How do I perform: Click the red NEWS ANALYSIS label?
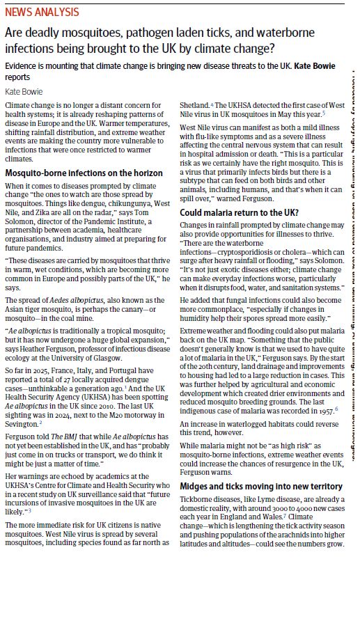42,13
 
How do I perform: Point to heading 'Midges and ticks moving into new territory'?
261,486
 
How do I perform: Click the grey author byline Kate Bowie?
23,91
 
